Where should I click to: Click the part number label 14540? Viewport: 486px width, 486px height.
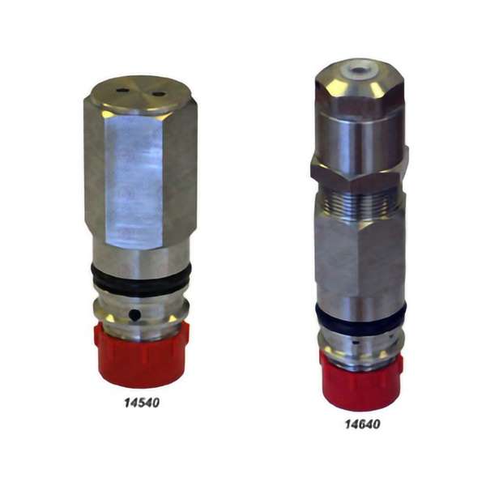142,403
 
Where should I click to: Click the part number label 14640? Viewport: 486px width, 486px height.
362,424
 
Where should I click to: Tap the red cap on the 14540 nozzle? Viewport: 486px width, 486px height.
142,356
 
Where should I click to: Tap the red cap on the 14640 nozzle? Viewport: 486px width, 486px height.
361,383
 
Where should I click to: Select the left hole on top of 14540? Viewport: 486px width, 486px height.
122,91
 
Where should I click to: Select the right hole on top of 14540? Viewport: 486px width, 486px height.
158,93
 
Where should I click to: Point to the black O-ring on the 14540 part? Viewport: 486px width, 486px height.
141,279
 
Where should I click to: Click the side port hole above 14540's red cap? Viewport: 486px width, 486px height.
134,315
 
